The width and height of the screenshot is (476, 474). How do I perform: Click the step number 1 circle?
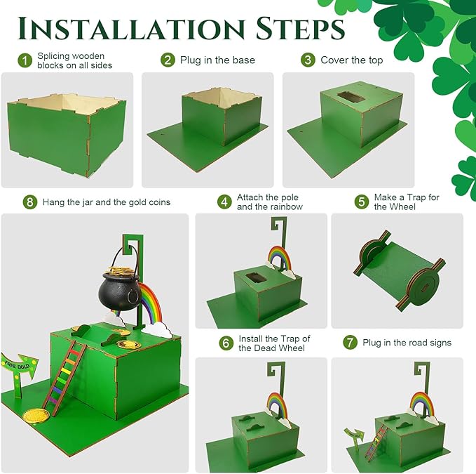click(x=26, y=60)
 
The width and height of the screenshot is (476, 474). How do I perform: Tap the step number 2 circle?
click(x=168, y=60)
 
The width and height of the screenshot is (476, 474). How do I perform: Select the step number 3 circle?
click(x=308, y=60)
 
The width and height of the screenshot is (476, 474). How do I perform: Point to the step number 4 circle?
click(x=224, y=202)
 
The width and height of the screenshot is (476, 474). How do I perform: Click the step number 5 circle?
click(x=361, y=202)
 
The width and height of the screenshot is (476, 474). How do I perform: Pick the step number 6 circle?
click(x=226, y=343)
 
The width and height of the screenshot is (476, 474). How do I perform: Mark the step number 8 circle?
click(x=29, y=202)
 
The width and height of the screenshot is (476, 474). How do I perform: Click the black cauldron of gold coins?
click(x=116, y=288)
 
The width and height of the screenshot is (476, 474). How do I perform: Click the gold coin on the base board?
click(x=32, y=417)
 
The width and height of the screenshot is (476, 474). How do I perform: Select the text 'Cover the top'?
click(x=352, y=60)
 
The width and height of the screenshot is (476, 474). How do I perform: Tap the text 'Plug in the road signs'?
click(x=407, y=343)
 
